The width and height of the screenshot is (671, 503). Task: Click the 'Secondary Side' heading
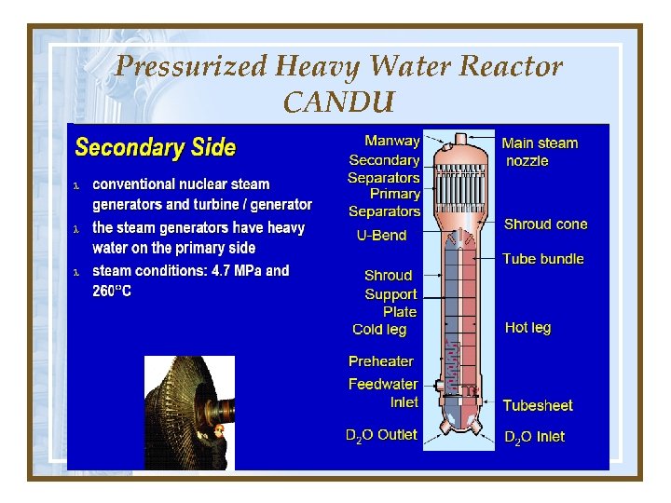click(x=155, y=147)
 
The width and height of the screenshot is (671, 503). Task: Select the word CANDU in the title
click(x=339, y=102)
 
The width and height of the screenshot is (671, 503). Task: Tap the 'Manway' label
click(x=391, y=141)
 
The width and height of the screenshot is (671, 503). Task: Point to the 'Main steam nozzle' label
click(x=540, y=152)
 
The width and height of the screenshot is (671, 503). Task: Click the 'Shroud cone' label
click(x=545, y=224)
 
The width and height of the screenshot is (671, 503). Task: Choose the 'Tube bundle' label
click(x=543, y=259)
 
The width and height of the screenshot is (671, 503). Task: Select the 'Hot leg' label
click(x=527, y=328)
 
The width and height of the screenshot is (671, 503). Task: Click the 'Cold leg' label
click(x=379, y=329)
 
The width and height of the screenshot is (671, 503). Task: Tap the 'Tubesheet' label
click(x=538, y=405)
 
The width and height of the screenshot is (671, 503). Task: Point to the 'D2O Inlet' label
click(x=534, y=436)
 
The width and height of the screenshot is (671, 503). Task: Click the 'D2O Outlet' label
click(x=381, y=435)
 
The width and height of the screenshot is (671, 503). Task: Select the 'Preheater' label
click(x=380, y=361)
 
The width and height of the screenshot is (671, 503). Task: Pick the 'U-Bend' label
click(x=381, y=236)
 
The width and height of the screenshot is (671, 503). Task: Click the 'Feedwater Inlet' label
click(x=383, y=393)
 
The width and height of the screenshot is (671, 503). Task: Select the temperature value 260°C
click(x=112, y=292)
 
